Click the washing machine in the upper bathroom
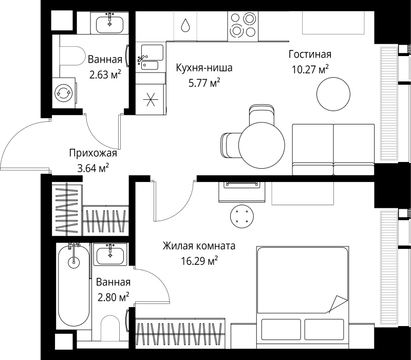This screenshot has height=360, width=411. click(x=64, y=93)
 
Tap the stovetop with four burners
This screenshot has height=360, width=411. click(x=242, y=25)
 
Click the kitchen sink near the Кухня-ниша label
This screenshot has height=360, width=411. click(x=151, y=58)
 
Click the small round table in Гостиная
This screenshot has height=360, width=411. click(x=334, y=94)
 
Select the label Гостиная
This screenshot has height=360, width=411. click(x=309, y=55)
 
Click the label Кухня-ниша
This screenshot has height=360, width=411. click(x=204, y=67)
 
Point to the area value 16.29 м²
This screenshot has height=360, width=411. click(x=199, y=261)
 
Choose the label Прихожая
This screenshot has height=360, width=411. click(x=94, y=153)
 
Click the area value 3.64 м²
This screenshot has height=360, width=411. click(x=92, y=167)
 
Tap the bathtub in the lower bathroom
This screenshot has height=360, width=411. click(x=74, y=288)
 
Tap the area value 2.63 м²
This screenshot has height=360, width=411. click(x=105, y=74)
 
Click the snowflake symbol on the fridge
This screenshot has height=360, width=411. click(x=151, y=98)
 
